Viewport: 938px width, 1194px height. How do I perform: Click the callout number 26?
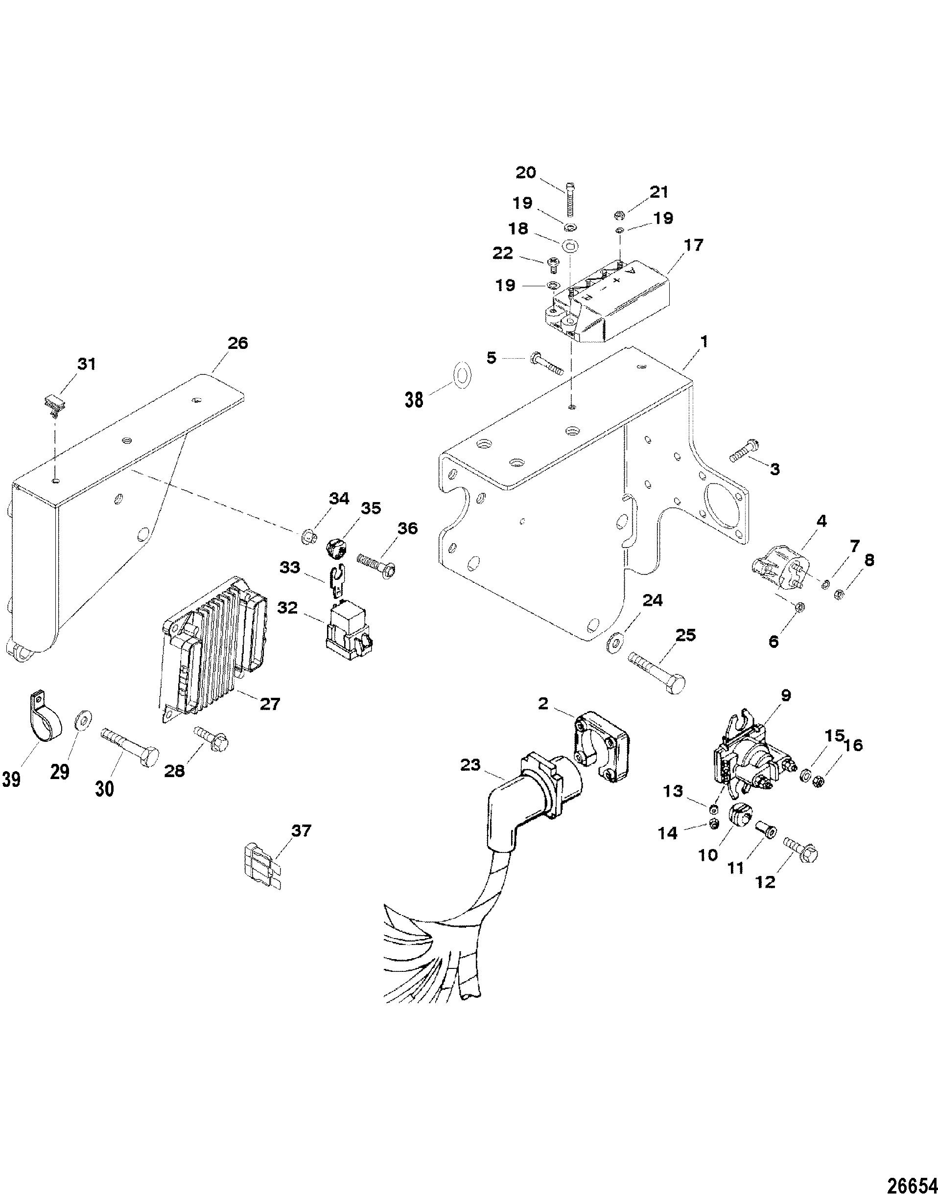237,343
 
